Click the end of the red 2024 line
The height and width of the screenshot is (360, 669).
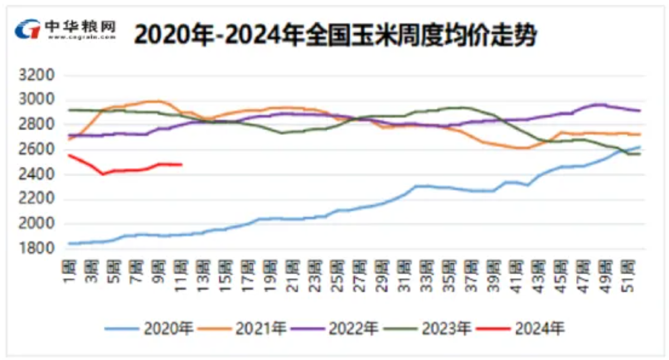[x=182, y=165]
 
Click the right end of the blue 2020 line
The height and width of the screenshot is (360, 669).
[x=640, y=147]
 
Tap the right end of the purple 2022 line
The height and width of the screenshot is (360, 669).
[x=640, y=111]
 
